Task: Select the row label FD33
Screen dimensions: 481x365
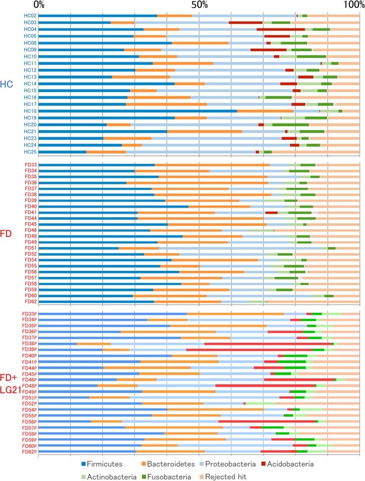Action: (x=30, y=165)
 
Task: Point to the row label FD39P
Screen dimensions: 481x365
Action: (x=29, y=349)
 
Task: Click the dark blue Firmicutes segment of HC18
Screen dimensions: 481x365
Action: (x=137, y=111)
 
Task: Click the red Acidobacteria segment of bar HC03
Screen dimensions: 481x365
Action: (x=245, y=23)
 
